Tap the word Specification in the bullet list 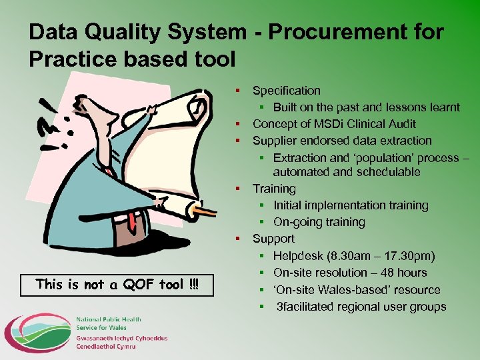click(286, 91)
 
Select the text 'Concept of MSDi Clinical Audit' click(334, 124)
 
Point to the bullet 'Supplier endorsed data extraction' click(342, 141)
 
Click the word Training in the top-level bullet click(274, 189)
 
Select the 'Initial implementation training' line click(351, 205)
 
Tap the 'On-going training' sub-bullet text click(319, 222)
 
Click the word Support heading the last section click(273, 239)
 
